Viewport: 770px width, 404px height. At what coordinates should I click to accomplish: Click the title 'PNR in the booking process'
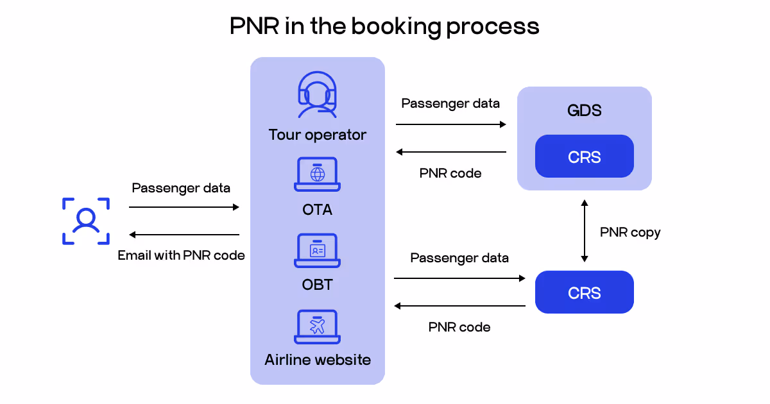click(x=384, y=26)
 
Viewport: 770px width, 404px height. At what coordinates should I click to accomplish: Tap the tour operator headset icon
click(x=317, y=95)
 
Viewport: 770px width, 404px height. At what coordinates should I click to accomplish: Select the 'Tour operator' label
click(x=317, y=135)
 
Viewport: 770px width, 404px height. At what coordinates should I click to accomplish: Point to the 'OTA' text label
click(x=317, y=210)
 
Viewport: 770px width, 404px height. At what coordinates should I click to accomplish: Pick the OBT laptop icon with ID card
click(x=317, y=251)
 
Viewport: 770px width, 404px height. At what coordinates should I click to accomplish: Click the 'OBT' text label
click(x=317, y=284)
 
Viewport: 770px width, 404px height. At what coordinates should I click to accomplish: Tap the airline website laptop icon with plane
click(x=317, y=326)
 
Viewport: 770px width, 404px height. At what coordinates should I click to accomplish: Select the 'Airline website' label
click(x=317, y=359)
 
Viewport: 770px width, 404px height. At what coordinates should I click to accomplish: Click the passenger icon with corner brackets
click(x=85, y=221)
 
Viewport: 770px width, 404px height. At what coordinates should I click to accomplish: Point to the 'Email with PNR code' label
click(x=181, y=255)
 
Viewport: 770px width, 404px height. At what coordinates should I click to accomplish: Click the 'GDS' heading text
click(x=584, y=110)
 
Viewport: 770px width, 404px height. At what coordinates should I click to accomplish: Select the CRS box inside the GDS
click(x=584, y=156)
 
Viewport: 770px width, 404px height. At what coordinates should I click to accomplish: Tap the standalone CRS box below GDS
click(x=584, y=292)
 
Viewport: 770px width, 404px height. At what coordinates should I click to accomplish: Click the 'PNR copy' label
click(x=629, y=232)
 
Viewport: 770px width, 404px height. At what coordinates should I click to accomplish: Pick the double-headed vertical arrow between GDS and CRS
click(x=584, y=231)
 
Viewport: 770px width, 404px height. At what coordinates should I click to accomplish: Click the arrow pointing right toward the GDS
click(x=450, y=124)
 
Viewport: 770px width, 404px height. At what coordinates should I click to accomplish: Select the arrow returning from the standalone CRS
click(x=459, y=306)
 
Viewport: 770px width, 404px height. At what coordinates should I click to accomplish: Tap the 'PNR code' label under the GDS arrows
click(x=450, y=173)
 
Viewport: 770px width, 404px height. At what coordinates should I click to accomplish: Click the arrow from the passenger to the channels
click(x=184, y=207)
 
